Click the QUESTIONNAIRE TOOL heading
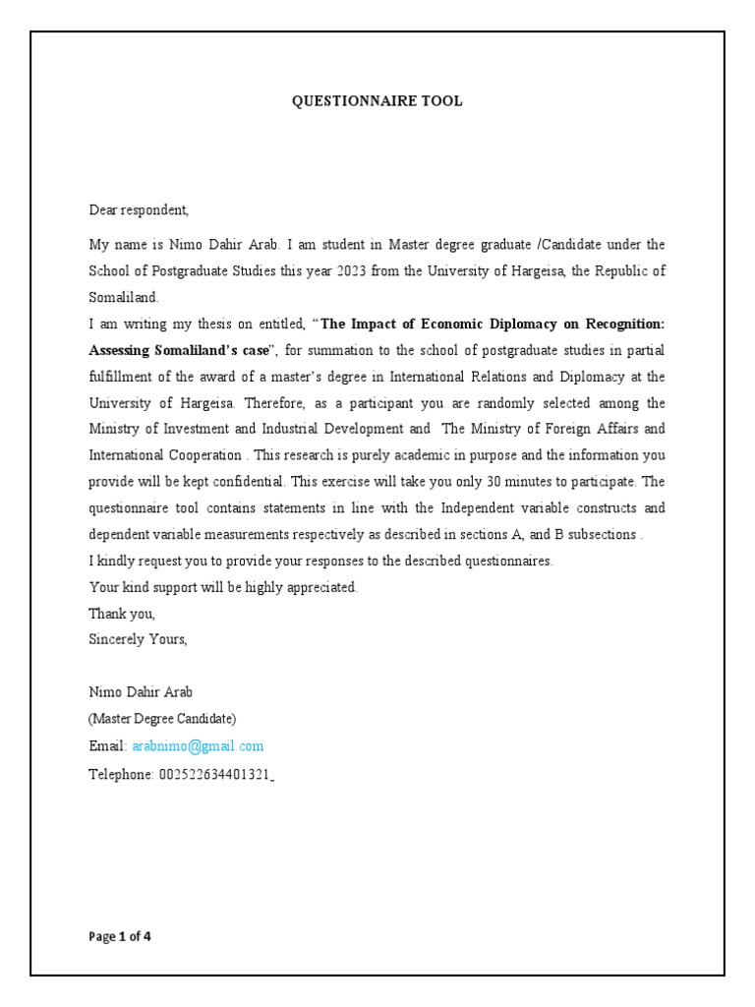click(377, 101)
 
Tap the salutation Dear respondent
click(139, 209)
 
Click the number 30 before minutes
click(502, 482)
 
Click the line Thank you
click(122, 614)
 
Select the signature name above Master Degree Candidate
click(135, 692)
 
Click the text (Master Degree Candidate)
click(162, 719)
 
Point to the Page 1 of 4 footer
click(120, 936)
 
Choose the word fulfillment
click(125, 377)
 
